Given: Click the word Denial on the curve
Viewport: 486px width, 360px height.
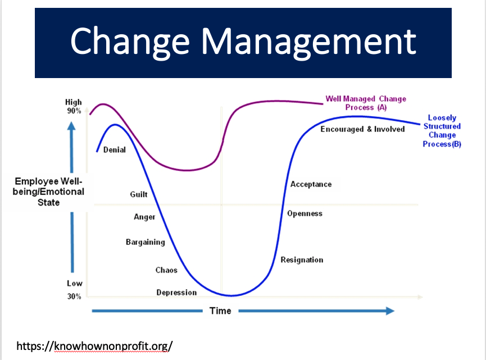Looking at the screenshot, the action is [x=115, y=150].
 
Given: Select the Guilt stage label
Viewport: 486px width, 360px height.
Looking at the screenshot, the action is [x=139, y=194].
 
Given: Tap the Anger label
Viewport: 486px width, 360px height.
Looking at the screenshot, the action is [x=144, y=217].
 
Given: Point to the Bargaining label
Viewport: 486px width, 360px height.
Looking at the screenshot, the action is [x=146, y=242].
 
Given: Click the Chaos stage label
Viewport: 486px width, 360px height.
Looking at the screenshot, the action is [x=166, y=270].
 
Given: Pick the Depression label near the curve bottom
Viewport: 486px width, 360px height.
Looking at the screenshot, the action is [x=176, y=293].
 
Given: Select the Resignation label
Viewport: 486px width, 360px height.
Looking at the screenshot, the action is [x=302, y=260].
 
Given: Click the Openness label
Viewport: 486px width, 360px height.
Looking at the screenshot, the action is [x=305, y=214].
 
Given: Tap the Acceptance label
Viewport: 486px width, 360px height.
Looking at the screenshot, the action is [x=311, y=184].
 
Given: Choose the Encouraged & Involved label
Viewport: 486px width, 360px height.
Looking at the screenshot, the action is [x=362, y=129].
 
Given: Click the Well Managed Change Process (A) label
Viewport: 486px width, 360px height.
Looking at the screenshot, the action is [x=366, y=103].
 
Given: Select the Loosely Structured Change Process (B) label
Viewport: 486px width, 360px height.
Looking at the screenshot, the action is [x=442, y=131].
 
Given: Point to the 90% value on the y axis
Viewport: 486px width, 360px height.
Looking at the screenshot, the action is [x=74, y=111].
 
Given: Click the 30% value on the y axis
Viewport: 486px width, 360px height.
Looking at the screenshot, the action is [x=74, y=297].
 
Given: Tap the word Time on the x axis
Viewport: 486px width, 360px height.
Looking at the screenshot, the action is [x=220, y=311].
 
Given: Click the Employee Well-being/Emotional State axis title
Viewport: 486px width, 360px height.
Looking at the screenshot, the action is [x=48, y=192].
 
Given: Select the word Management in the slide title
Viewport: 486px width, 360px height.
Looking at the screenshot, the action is [x=308, y=42].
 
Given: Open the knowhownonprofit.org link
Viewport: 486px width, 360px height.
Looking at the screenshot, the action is [x=94, y=346].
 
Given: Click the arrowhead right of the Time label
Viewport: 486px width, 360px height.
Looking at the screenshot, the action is [x=390, y=311].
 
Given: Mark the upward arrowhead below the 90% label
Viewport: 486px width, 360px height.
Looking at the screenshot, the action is [x=71, y=126].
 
